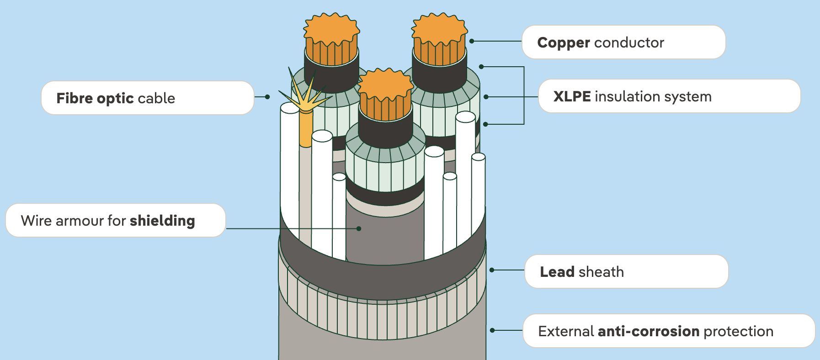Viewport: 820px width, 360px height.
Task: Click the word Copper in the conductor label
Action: point(564,42)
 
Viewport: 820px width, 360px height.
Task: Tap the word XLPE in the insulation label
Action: point(572,96)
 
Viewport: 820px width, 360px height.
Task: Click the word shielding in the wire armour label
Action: point(162,221)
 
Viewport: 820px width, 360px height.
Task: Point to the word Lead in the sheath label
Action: point(557,272)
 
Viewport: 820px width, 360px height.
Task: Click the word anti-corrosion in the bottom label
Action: point(648,331)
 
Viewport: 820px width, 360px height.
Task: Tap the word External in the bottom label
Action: point(565,331)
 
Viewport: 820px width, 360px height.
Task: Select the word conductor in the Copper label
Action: point(629,42)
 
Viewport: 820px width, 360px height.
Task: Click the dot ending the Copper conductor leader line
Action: point(472,41)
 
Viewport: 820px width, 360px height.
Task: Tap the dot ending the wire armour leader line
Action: point(359,228)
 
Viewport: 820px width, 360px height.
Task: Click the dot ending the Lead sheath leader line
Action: point(492,270)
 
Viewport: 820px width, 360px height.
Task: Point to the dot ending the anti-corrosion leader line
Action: point(492,330)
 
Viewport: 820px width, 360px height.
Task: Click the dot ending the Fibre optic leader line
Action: point(267,97)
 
